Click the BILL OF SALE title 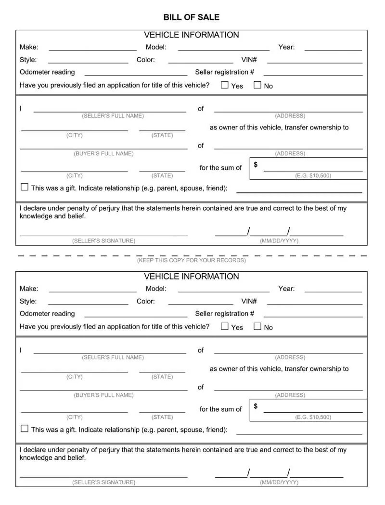(x=192, y=17)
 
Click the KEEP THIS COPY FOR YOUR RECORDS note (x=192, y=260)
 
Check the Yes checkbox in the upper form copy (x=225, y=85)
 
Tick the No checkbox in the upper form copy (x=257, y=85)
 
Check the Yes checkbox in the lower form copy (x=225, y=327)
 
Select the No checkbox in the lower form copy (x=257, y=327)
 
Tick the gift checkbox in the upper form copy (x=25, y=187)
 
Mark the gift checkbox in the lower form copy (x=25, y=429)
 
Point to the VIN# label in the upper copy (x=249, y=60)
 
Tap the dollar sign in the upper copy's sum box (x=256, y=164)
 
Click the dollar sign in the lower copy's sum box (x=256, y=406)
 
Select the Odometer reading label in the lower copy (x=47, y=314)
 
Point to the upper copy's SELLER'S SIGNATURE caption (x=104, y=240)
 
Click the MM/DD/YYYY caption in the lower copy (x=279, y=482)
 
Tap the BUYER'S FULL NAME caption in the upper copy (x=104, y=153)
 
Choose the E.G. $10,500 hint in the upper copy (x=313, y=176)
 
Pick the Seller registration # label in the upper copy (x=225, y=72)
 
